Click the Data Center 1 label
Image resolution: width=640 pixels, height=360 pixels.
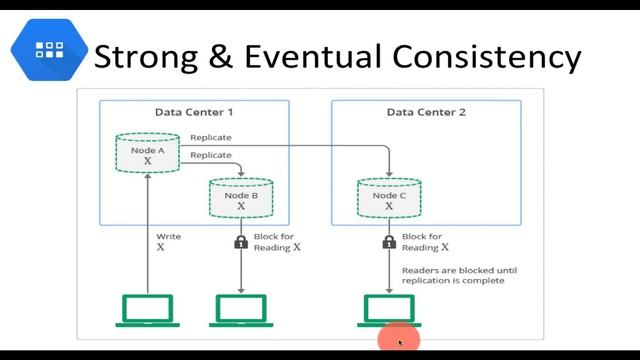click(x=194, y=113)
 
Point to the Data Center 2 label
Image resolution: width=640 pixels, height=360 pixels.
click(x=426, y=113)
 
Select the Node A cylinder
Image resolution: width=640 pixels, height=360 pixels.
click(x=148, y=153)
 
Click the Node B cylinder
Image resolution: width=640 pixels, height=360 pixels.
click(x=240, y=197)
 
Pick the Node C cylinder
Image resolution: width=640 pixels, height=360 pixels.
click(x=388, y=197)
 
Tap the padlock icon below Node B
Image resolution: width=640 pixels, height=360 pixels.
click(x=240, y=242)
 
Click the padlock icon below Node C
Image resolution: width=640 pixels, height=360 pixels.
click(x=388, y=242)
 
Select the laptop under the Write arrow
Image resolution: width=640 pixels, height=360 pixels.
click(x=146, y=310)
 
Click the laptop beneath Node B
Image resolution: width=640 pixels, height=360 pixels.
click(x=240, y=310)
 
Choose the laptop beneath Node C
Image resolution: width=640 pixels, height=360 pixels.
click(x=388, y=310)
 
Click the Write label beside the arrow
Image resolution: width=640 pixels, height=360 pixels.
click(x=168, y=237)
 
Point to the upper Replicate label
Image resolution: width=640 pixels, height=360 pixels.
click(x=211, y=138)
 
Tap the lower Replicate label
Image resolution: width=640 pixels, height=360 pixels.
click(x=211, y=155)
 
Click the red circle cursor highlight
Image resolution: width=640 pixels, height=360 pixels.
click(x=398, y=341)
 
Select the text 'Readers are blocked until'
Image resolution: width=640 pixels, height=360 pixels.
click(x=452, y=270)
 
